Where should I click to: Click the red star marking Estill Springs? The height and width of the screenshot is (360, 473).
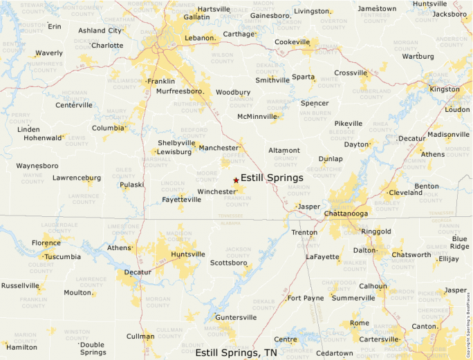tap(236, 180)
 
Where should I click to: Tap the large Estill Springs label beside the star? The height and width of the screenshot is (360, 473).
tap(272, 178)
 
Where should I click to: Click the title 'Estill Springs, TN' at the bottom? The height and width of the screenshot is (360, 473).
tap(236, 352)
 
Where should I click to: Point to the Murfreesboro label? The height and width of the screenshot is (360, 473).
tap(179, 91)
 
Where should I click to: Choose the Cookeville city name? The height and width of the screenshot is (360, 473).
tap(292, 42)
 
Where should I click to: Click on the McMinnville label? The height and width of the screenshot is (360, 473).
tap(257, 116)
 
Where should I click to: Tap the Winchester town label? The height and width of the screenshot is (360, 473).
tap(217, 191)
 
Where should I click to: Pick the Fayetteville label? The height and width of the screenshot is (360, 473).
tap(182, 199)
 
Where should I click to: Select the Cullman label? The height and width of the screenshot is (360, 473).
tap(140, 337)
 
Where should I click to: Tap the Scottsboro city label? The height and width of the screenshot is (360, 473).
tap(229, 263)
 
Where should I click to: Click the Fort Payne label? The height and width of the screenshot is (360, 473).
tap(306, 298)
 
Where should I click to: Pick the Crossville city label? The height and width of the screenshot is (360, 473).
tap(351, 73)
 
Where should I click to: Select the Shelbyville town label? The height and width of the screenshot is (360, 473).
tap(177, 142)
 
